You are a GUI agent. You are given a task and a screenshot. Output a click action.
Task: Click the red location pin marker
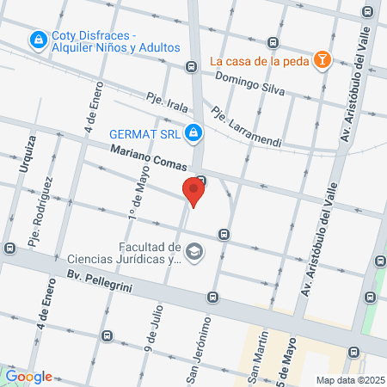point(193,191)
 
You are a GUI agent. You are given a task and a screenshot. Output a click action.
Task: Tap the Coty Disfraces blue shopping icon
point(38,40)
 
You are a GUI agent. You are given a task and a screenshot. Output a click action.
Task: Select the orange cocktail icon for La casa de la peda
point(322,60)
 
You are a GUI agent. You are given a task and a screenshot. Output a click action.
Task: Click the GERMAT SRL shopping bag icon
point(194,132)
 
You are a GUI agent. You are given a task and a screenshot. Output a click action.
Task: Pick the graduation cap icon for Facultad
point(195,252)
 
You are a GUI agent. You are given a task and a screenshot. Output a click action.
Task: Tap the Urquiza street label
point(32,154)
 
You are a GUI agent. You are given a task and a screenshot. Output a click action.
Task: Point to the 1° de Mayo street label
point(137,191)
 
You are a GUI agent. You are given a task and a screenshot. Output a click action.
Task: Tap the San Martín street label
point(254,366)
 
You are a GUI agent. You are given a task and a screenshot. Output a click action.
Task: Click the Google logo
point(28,376)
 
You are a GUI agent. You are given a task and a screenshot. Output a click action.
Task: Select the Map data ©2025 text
point(350,379)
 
